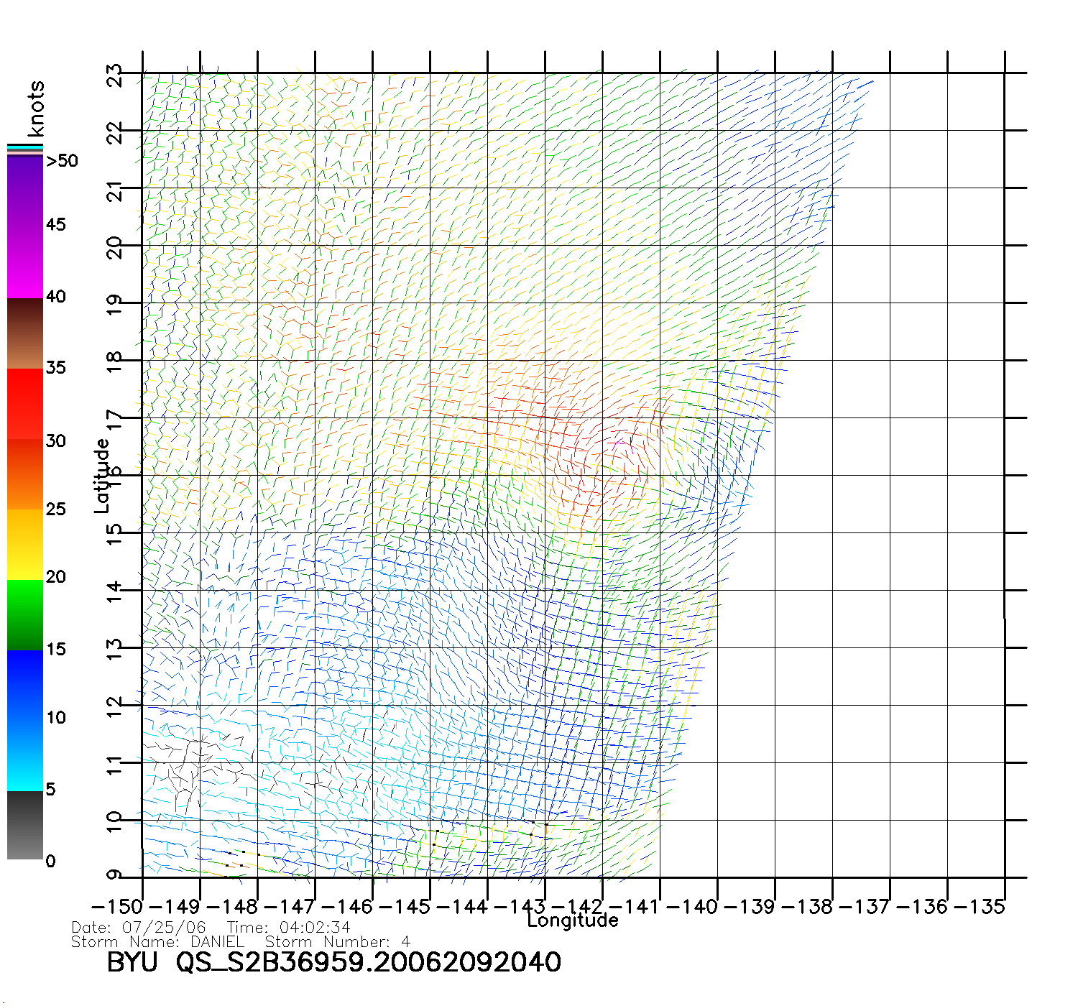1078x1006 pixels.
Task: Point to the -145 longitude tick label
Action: click(404, 907)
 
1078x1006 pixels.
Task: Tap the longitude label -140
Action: click(692, 907)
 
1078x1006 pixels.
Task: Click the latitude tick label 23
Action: click(115, 75)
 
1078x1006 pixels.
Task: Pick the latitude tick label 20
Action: click(115, 248)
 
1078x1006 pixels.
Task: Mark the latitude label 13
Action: click(115, 650)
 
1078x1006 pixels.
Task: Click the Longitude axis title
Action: click(573, 920)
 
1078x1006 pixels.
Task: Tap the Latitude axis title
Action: click(102, 476)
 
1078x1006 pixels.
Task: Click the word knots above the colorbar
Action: click(36, 109)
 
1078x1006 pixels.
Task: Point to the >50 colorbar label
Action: click(62, 161)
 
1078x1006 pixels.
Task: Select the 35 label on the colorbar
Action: click(55, 368)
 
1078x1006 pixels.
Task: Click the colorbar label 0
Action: click(50, 862)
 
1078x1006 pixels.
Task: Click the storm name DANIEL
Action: click(217, 942)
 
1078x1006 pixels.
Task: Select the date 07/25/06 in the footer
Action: click(164, 928)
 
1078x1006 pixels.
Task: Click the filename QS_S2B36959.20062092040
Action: click(369, 962)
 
